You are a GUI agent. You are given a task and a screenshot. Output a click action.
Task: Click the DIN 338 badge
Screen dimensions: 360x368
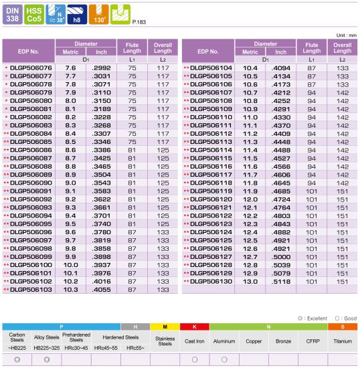click(13, 15)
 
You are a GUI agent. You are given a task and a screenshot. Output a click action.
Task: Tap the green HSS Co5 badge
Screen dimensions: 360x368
click(34, 15)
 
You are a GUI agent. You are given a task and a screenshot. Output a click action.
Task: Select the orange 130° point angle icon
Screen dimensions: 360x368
click(99, 15)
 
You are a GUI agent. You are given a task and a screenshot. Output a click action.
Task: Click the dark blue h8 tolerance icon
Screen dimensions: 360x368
click(77, 15)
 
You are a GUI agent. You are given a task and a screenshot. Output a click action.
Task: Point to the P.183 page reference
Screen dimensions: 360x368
click(139, 22)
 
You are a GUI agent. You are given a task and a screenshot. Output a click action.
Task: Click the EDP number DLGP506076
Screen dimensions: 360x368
click(31, 68)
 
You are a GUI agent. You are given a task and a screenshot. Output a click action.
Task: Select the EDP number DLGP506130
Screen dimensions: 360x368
click(211, 282)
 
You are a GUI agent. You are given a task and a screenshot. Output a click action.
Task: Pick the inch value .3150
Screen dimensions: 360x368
click(102, 101)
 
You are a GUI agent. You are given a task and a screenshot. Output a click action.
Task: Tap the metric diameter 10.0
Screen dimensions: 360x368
click(71, 265)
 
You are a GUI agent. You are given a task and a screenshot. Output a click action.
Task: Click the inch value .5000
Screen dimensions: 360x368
click(281, 257)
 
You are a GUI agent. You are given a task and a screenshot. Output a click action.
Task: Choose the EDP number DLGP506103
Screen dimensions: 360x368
click(31, 290)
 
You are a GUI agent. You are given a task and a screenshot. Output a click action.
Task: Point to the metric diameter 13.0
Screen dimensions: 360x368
click(250, 282)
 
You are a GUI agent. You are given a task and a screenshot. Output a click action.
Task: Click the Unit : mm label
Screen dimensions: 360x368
click(347, 35)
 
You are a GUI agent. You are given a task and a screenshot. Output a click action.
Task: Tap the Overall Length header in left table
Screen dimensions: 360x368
click(163, 48)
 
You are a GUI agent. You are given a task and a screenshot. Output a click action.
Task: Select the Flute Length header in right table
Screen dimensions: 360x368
click(312, 48)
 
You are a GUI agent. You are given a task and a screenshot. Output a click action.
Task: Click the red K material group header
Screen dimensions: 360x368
click(195, 327)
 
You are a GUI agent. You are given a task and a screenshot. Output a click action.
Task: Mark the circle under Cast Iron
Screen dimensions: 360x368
click(195, 359)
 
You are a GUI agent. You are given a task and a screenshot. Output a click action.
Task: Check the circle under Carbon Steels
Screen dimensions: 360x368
click(17, 359)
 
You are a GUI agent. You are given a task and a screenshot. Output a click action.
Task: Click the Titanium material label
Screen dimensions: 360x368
click(343, 341)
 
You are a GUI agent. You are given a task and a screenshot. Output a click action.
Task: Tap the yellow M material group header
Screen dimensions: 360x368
click(165, 327)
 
